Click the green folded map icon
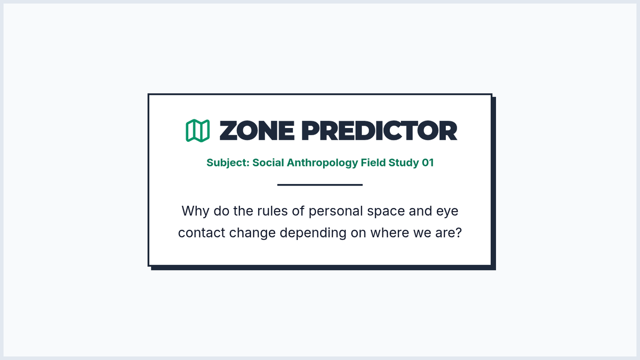(x=198, y=131)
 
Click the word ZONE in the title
(x=257, y=131)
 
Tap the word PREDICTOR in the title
(x=379, y=131)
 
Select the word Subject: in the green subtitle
(x=228, y=163)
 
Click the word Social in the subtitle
(x=268, y=163)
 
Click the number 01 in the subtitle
(x=428, y=163)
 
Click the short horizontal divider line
(x=320, y=185)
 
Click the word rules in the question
(x=273, y=211)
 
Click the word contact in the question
(x=202, y=233)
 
